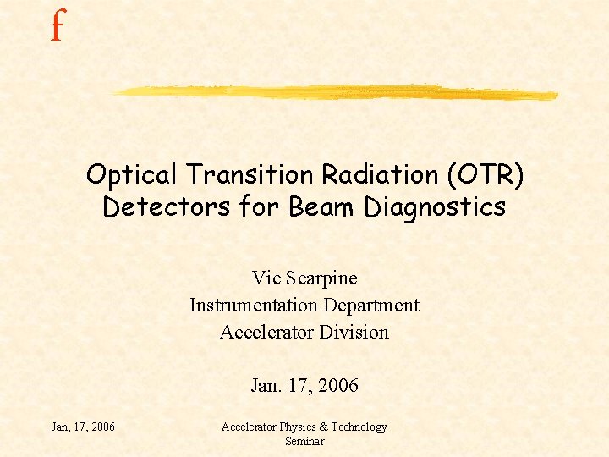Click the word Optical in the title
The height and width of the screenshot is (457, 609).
(133, 175)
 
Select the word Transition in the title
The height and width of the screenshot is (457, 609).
(250, 175)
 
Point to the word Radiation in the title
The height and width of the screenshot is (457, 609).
(378, 175)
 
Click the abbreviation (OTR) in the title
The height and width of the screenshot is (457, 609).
(489, 175)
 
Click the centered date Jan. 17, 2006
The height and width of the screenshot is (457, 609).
(304, 386)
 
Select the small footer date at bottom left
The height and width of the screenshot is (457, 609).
(83, 427)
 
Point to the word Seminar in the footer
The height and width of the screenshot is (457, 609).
(304, 441)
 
